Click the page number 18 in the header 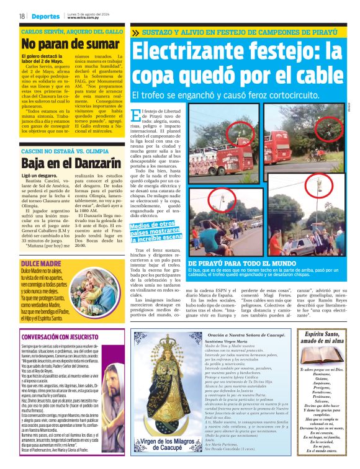[22, 16]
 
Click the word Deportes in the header [47, 16]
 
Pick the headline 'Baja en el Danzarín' [63, 164]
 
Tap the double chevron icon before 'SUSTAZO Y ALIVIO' [136, 32]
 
